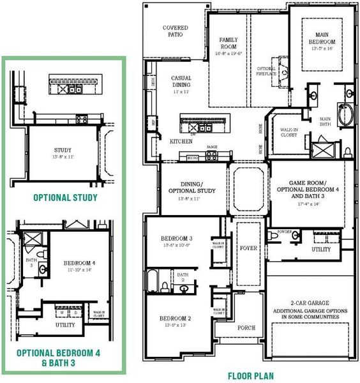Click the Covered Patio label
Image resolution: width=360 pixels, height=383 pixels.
[x=175, y=32]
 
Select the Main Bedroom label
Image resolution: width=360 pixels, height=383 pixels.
[x=322, y=38]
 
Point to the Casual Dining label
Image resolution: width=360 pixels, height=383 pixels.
[x=181, y=82]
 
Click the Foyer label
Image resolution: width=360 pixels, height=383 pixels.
[x=248, y=248]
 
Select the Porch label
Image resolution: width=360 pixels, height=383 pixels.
[x=246, y=327]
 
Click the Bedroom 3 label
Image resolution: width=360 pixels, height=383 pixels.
[x=176, y=239]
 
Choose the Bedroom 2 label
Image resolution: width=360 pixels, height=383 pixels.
[x=176, y=319]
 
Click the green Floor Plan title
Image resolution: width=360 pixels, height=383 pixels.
[x=250, y=376]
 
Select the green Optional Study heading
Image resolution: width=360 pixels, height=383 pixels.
[x=65, y=197]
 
